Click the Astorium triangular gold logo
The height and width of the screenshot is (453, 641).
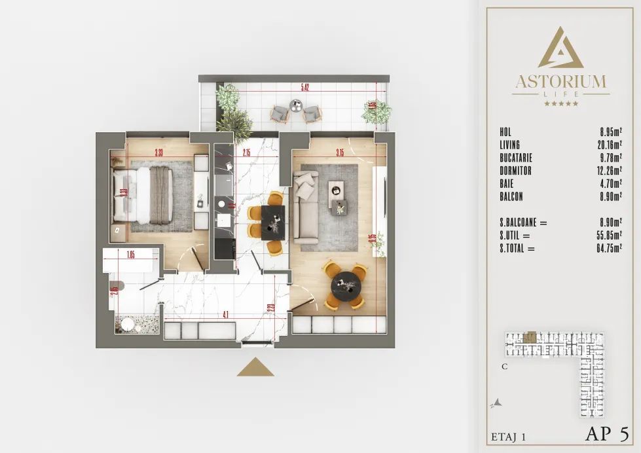[560, 48]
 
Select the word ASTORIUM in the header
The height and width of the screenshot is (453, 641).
[560, 82]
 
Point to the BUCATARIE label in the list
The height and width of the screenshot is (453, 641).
[515, 158]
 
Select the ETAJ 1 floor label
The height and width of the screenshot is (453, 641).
[509, 435]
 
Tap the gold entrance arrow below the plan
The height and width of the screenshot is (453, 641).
[255, 367]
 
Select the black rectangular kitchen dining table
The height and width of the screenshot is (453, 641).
[272, 223]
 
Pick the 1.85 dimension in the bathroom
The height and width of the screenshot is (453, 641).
[130, 256]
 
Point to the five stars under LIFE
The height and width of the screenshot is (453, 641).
[560, 103]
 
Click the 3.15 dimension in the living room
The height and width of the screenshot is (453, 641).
[339, 153]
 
